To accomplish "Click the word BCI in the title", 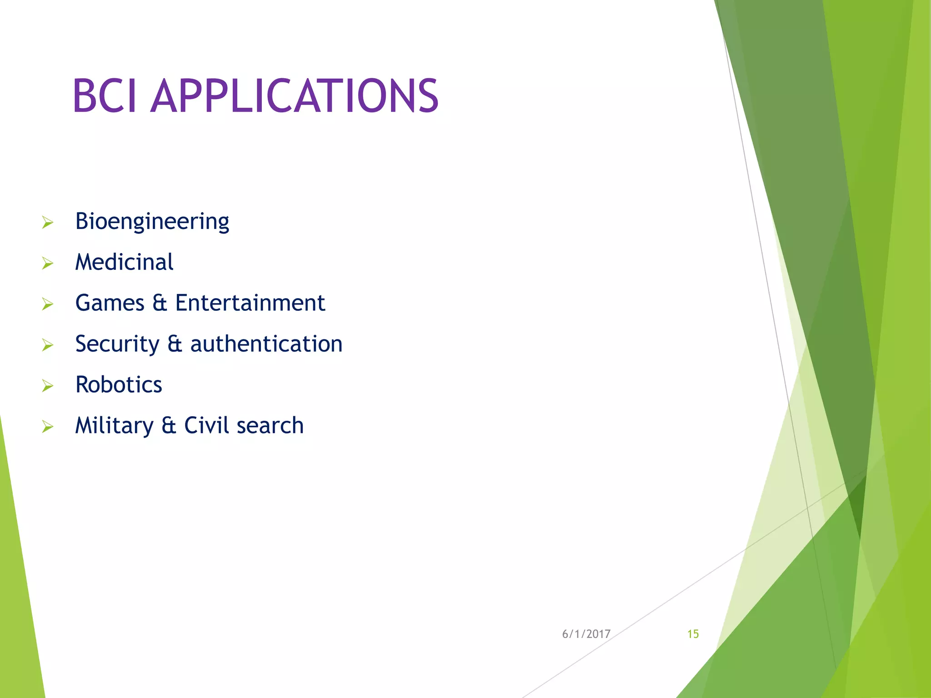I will pyautogui.click(x=104, y=96).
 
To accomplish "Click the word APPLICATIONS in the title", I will pyautogui.click(x=294, y=96).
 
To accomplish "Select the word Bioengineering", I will pyautogui.click(x=152, y=222).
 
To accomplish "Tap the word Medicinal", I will pyautogui.click(x=124, y=262).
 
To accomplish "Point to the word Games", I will pyautogui.click(x=110, y=303).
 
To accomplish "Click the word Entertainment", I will pyautogui.click(x=250, y=303).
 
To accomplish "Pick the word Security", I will pyautogui.click(x=117, y=344).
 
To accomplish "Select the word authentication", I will pyautogui.click(x=266, y=344).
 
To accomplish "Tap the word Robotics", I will pyautogui.click(x=119, y=385).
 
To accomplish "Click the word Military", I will pyautogui.click(x=114, y=426).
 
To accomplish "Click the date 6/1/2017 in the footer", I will pyautogui.click(x=586, y=634).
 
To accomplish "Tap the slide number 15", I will pyautogui.click(x=693, y=634).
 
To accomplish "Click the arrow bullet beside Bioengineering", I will pyautogui.click(x=48, y=223).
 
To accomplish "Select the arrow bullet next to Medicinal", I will pyautogui.click(x=48, y=264).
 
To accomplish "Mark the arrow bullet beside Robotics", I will pyautogui.click(x=48, y=386).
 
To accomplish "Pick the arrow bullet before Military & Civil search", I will pyautogui.click(x=48, y=427).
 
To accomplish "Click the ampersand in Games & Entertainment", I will pyautogui.click(x=160, y=303).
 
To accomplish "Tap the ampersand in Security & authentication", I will pyautogui.click(x=175, y=344).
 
